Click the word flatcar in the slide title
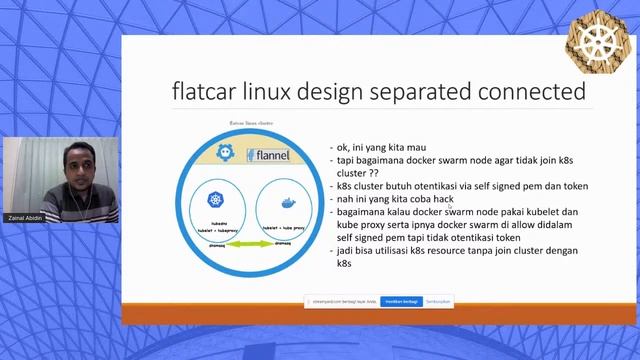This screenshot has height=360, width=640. click(206, 92)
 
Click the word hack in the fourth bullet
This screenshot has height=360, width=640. click(441, 198)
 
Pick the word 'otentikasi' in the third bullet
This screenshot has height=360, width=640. click(427, 185)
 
